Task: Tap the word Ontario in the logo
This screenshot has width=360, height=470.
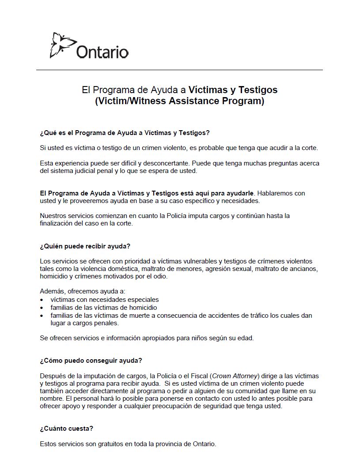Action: (102, 52)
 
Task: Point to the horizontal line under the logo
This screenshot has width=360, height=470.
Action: (179, 70)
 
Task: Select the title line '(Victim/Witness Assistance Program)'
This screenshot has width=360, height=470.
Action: (179, 101)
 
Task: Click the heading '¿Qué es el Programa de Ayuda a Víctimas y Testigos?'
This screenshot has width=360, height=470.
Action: (125, 132)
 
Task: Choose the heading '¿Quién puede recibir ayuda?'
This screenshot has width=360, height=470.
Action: (85, 246)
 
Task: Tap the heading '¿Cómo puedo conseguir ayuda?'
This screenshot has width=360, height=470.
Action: (91, 360)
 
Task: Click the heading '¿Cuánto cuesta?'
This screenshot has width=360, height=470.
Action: (66, 429)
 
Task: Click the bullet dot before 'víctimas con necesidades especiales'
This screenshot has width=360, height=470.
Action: (42, 300)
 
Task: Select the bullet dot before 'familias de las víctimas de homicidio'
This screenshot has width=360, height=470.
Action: (42, 308)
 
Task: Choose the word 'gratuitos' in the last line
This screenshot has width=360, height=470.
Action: (107, 444)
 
